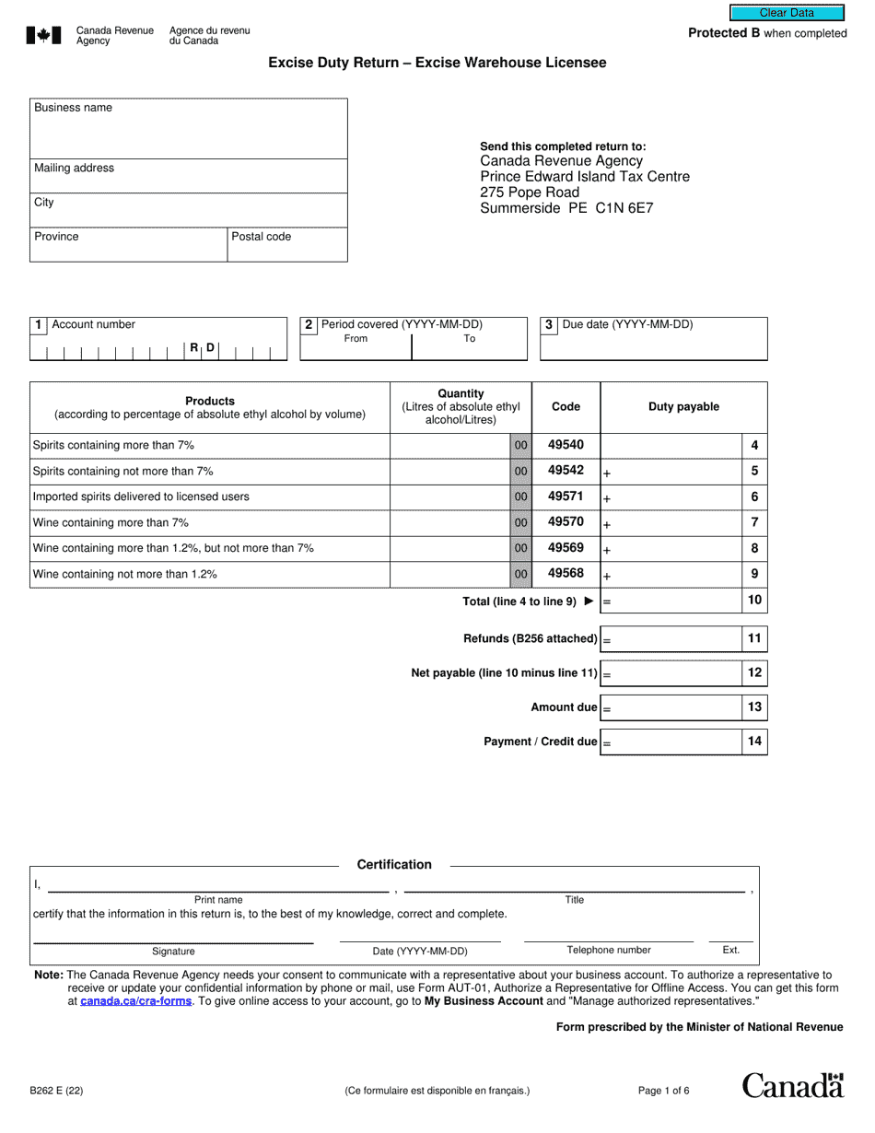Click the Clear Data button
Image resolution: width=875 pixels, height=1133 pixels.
pos(787,13)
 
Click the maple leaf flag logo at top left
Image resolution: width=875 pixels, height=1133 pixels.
pos(44,36)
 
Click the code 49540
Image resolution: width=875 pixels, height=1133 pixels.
pos(566,445)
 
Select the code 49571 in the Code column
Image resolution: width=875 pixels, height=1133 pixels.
pos(566,496)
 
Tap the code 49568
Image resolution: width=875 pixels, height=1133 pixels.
pos(566,574)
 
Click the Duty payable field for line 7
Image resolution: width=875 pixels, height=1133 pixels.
pos(671,522)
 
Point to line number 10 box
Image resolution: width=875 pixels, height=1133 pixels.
pos(754,601)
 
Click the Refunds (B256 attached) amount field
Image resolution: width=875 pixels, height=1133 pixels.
pos(671,638)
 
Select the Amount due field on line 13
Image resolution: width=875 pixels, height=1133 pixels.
pos(671,707)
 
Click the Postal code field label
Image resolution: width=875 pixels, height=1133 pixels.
pos(261,237)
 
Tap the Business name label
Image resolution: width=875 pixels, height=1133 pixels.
pos(73,108)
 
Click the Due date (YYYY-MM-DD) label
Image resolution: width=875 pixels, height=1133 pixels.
pos(627,324)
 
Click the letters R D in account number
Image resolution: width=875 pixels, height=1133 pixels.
pos(203,348)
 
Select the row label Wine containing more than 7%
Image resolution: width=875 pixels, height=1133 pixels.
pos(111,522)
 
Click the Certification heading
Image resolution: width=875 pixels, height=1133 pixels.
pos(394,864)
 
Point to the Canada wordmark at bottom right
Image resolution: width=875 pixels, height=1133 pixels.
pos(792,1086)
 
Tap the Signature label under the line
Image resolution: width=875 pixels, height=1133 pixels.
pos(173,951)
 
